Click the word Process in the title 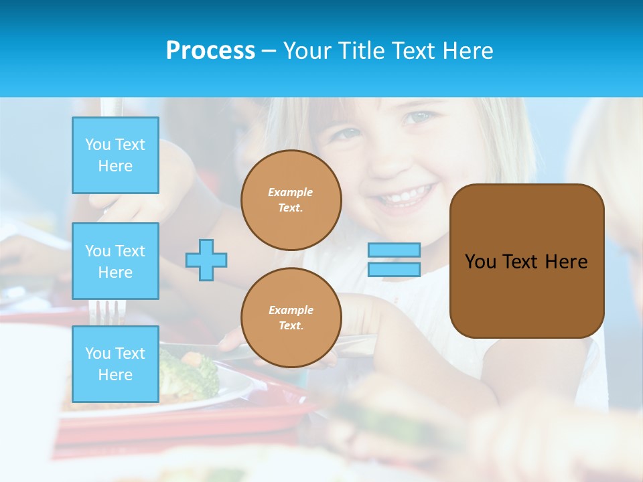210,51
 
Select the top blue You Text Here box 115,155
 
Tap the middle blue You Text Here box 115,261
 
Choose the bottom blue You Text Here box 115,364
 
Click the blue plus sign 206,260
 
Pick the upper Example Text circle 291,199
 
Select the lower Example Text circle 291,317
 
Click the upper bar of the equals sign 395,250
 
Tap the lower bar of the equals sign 395,269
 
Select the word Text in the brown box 520,261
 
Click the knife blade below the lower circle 355,345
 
